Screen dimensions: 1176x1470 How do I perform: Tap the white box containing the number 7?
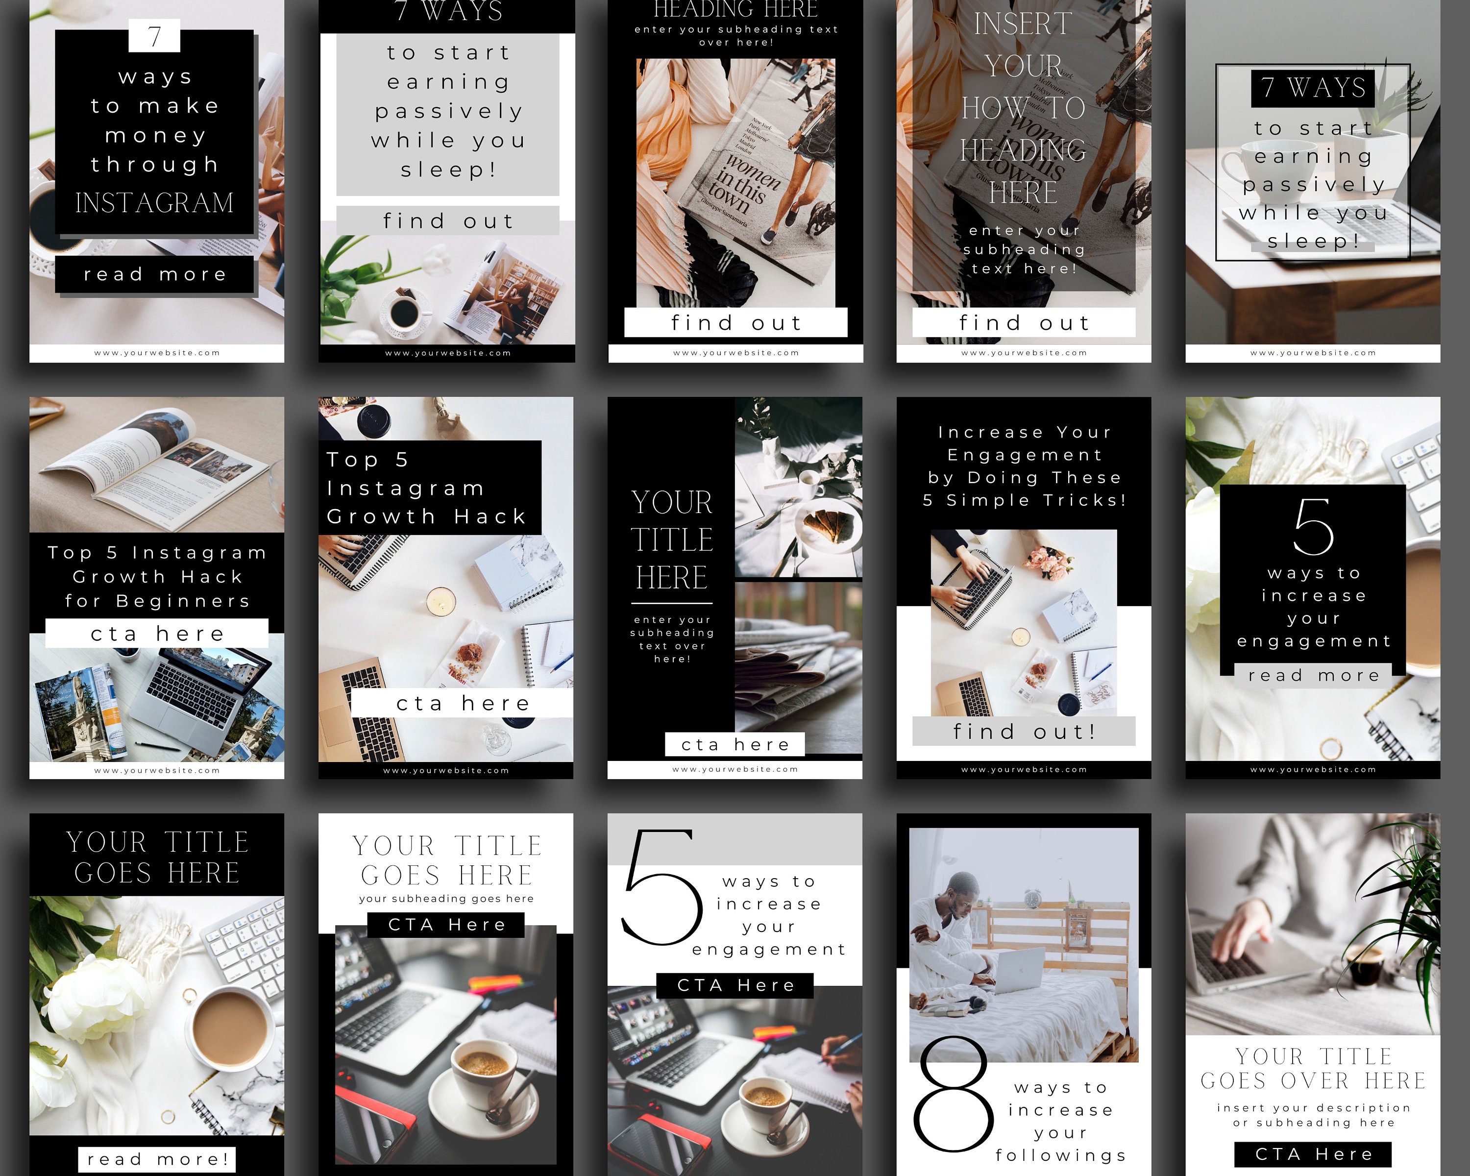pos(155,35)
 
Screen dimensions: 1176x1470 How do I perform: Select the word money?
pos(155,136)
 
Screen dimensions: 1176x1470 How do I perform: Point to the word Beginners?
pos(183,601)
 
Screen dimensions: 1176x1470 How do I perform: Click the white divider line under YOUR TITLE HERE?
pos(672,603)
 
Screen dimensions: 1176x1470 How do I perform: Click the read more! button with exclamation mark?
pos(157,1159)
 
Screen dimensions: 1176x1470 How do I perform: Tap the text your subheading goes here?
pos(446,899)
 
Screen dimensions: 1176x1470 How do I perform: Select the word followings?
pos(1060,1155)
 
